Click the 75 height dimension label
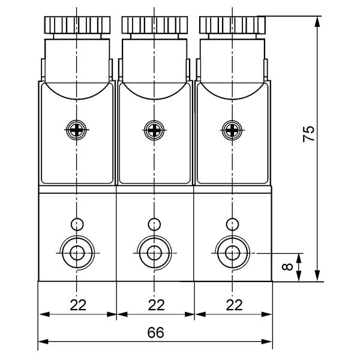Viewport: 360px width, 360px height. pos(309,134)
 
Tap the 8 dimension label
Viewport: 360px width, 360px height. pos(287,267)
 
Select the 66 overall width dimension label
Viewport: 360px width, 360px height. pos(155,332)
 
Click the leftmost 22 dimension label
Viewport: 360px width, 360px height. pos(78,305)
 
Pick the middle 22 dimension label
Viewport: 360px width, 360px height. pos(157,305)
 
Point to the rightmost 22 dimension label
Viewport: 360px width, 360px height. pos(234,305)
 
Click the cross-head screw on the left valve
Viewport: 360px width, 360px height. pos(76,130)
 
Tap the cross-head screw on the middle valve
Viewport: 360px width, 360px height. pos(154,130)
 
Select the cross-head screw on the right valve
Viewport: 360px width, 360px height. pos(232,130)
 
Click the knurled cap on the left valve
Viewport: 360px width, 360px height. pos(77,25)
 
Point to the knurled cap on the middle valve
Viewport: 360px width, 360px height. pos(155,25)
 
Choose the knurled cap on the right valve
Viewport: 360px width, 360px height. pos(233,25)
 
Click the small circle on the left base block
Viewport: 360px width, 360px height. pos(77,224)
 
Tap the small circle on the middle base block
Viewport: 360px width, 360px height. pos(154,224)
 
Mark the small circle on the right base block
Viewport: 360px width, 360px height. pos(232,224)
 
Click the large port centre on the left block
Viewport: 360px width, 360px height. pos(77,253)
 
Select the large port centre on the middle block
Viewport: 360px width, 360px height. pos(154,253)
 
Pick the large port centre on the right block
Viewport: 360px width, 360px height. pos(232,253)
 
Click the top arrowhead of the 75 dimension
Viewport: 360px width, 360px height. pos(317,22)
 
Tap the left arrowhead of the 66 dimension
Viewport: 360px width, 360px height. pos(43,341)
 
